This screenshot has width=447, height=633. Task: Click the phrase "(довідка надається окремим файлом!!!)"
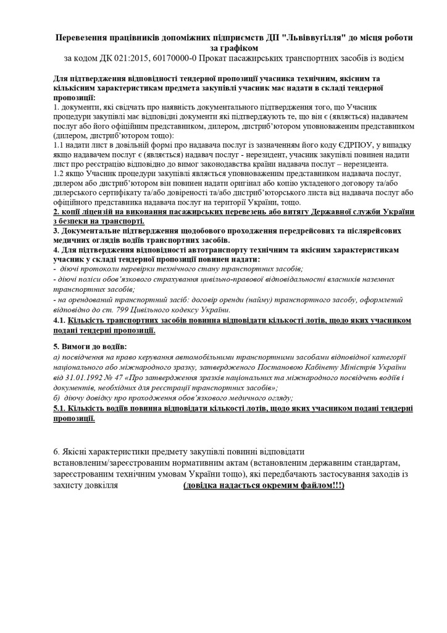click(x=264, y=485)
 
